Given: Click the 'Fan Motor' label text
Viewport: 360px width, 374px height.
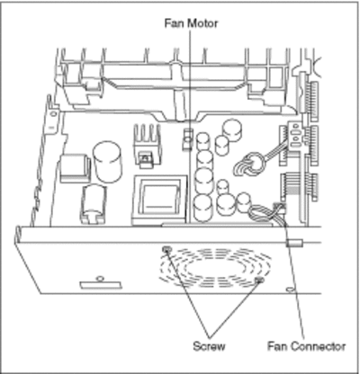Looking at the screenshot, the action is [191, 23].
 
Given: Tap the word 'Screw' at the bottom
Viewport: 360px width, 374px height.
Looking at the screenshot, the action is [209, 346].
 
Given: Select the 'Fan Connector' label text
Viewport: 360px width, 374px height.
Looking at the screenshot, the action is [306, 346].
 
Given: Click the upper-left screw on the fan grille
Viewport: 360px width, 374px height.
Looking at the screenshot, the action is [166, 249].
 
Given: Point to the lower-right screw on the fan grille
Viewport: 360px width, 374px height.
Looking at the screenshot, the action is [259, 280].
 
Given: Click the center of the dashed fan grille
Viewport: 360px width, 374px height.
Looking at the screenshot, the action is [215, 266].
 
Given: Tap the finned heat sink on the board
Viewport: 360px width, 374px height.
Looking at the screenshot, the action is [147, 143].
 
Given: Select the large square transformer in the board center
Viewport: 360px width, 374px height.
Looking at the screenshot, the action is [159, 200].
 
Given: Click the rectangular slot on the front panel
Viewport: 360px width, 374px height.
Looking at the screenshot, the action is [101, 285].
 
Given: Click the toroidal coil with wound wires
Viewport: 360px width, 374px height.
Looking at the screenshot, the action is [251, 165].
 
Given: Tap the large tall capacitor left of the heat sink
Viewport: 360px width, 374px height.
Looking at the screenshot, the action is [107, 162].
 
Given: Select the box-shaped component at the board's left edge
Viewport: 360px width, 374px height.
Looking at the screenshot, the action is [76, 168].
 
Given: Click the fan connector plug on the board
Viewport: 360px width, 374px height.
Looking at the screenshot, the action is [279, 207].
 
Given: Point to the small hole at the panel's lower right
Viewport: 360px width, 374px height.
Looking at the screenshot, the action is [289, 289].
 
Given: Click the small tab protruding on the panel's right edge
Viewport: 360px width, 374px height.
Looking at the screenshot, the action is [295, 243].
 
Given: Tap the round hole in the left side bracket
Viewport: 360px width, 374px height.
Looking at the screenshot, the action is [53, 113].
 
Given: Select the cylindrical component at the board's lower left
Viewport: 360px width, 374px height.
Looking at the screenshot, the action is [93, 204].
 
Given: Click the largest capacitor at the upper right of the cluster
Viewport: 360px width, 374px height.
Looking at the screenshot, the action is [232, 130].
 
